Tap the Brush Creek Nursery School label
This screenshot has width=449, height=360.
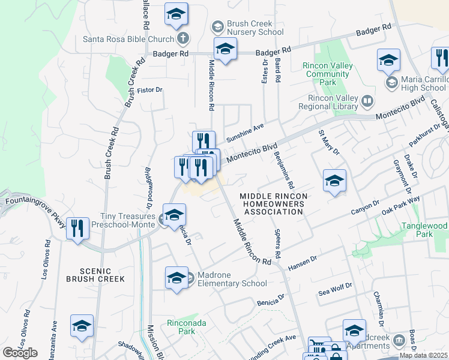pyautogui.click(x=255, y=28)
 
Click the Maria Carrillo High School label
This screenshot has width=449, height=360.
pyautogui.click(x=424, y=83)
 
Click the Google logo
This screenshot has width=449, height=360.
pyautogui.click(x=20, y=352)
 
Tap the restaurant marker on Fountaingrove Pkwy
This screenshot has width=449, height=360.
pyautogui.click(x=77, y=228)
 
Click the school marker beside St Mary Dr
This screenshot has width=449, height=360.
pyautogui.click(x=334, y=181)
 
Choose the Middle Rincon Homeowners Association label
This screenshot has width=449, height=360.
pyautogui.click(x=273, y=204)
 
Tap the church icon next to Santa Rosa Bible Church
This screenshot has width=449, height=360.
pyautogui.click(x=183, y=39)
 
